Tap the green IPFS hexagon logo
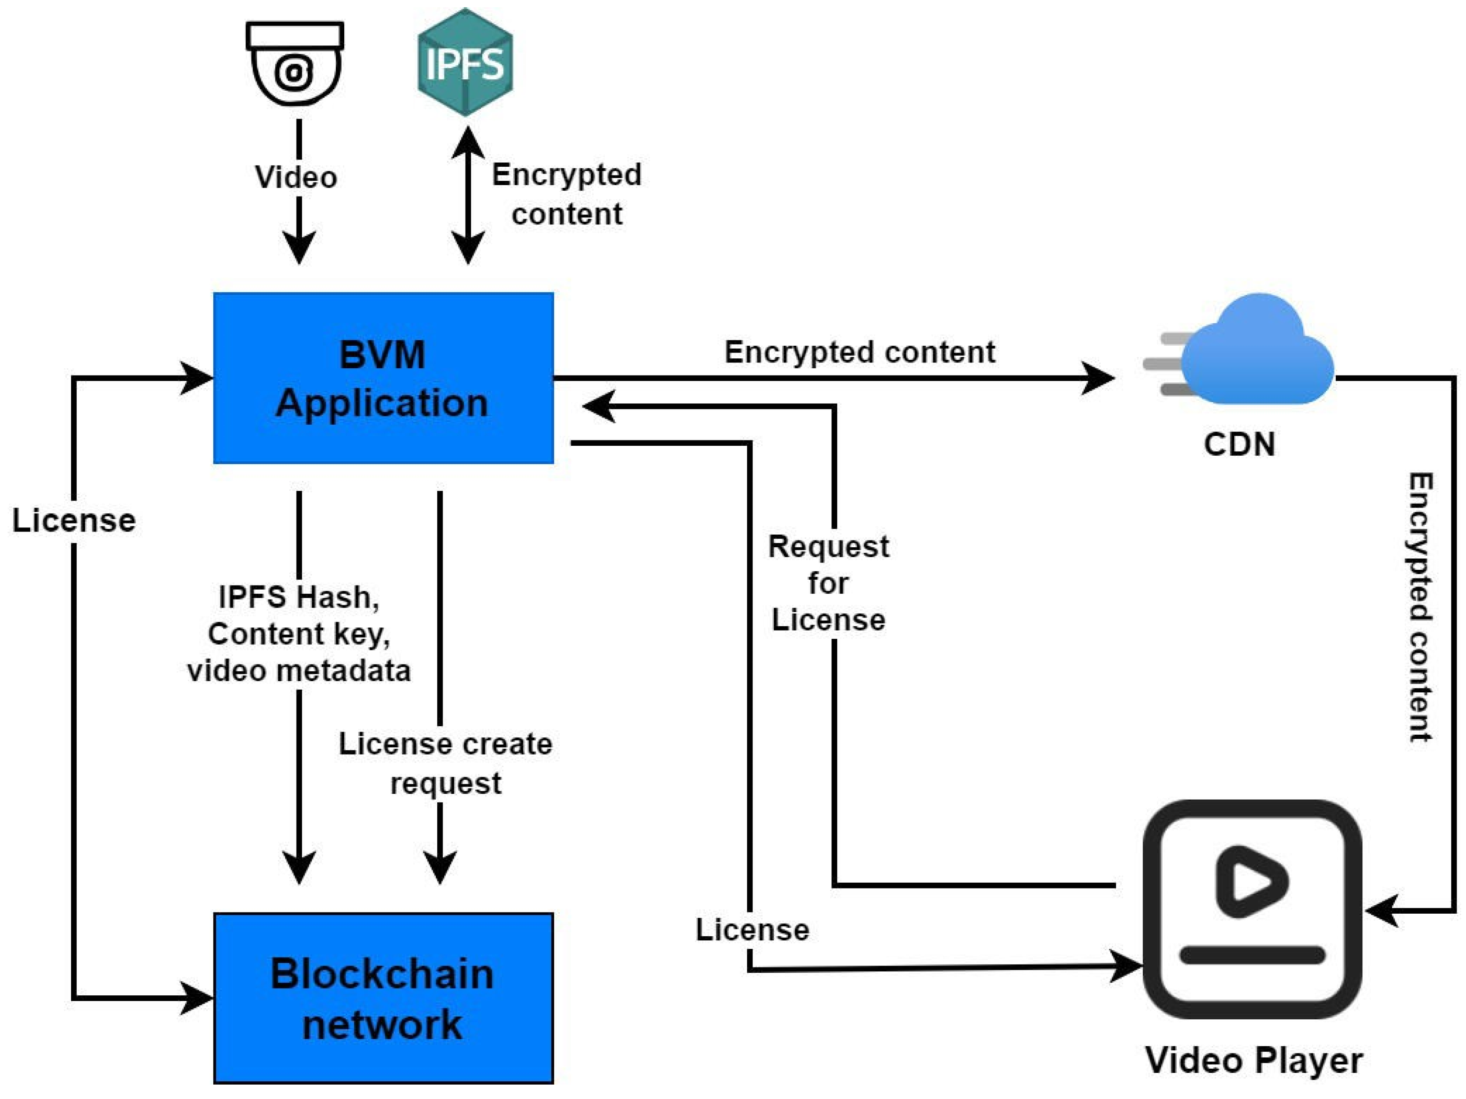[465, 62]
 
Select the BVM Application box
[383, 378]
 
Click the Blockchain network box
[383, 998]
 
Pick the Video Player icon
[1252, 909]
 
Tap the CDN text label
[1239, 444]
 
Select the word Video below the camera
[296, 177]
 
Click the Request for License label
[828, 583]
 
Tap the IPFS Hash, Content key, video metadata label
[299, 634]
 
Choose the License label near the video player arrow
[752, 930]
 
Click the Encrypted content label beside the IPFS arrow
[566, 194]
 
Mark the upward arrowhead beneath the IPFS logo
[468, 142]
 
